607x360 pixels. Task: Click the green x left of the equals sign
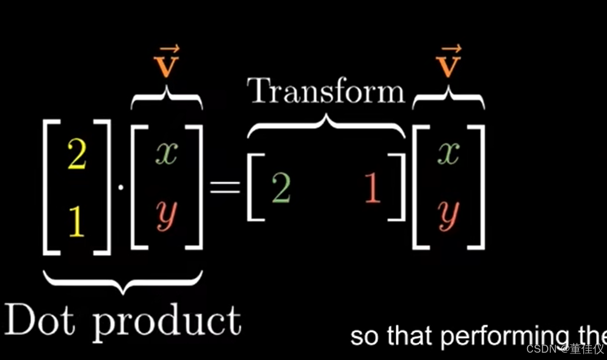tap(166, 154)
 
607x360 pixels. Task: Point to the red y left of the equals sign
tap(166, 215)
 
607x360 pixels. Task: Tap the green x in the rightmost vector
tap(448, 154)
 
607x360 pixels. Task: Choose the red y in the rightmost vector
tap(448, 215)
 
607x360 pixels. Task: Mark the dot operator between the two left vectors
tap(121, 187)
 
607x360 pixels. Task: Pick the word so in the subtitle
tap(365, 337)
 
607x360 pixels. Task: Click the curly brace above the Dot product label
tap(123, 281)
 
